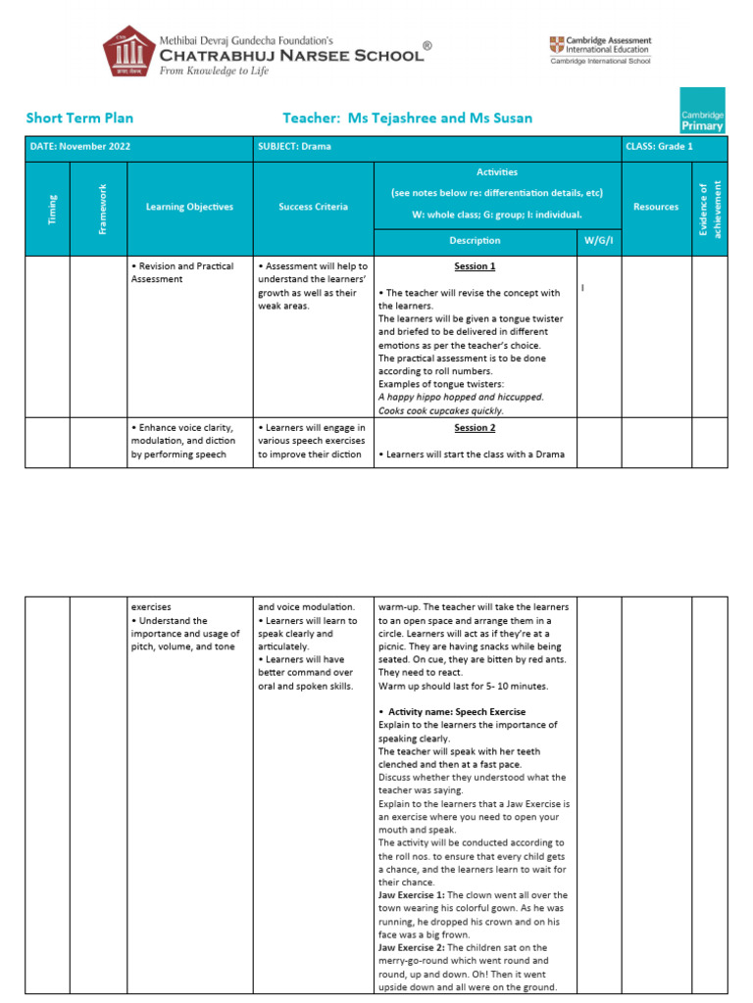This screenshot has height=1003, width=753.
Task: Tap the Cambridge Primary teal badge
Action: pyautogui.click(x=703, y=111)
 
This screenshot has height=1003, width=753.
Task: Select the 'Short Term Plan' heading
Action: pyautogui.click(x=79, y=119)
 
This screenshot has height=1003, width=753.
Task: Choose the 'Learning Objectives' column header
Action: pyautogui.click(x=189, y=207)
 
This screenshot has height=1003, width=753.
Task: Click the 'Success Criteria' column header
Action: pyautogui.click(x=313, y=207)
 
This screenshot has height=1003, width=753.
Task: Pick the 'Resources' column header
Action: pyautogui.click(x=656, y=207)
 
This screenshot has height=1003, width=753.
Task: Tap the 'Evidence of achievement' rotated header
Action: pyautogui.click(x=708, y=207)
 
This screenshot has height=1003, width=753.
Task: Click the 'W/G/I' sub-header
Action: pyautogui.click(x=597, y=240)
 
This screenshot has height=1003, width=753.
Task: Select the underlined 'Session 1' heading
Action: pyautogui.click(x=475, y=266)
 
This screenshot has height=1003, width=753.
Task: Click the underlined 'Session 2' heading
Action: pyautogui.click(x=475, y=428)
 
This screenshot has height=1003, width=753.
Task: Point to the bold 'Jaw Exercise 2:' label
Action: pyautogui.click(x=411, y=947)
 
